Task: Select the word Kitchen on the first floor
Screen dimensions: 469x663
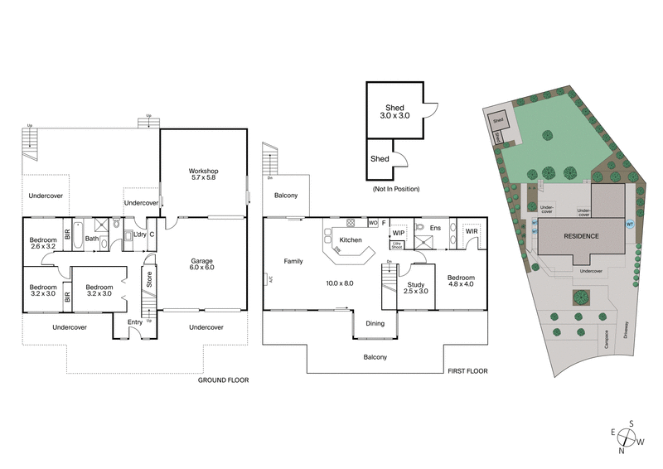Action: tap(351, 239)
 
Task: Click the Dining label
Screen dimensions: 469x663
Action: tap(375, 323)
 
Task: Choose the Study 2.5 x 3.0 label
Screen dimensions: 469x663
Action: tap(415, 288)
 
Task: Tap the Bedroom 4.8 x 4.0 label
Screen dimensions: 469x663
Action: tap(461, 282)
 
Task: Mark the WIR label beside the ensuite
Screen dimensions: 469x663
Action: tap(472, 232)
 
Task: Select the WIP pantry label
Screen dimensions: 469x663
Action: tap(398, 233)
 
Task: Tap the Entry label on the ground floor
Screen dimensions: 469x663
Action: tap(135, 322)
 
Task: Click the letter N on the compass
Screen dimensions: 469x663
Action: tap(621, 452)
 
